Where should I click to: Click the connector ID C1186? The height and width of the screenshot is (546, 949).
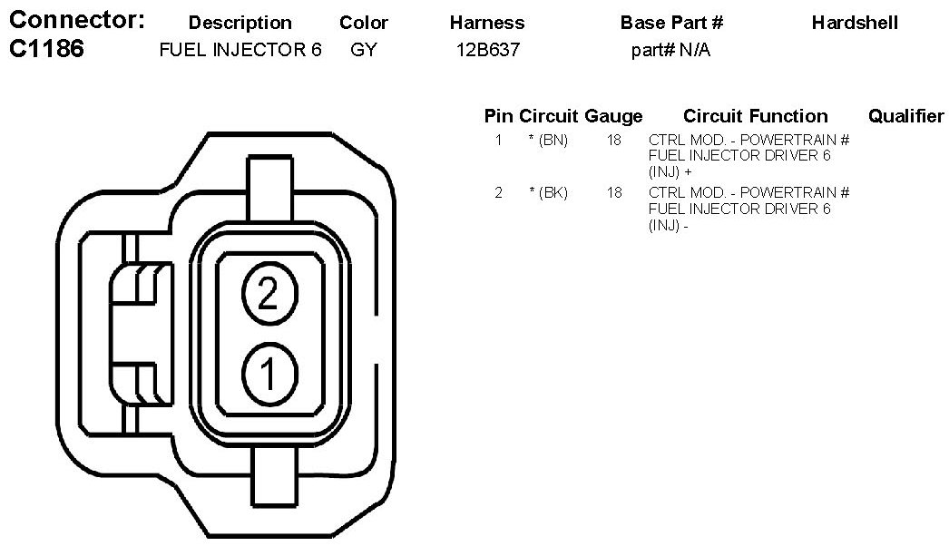pos(46,49)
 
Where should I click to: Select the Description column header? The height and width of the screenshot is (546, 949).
pos(240,23)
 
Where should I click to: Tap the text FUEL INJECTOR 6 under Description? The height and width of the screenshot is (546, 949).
pos(240,50)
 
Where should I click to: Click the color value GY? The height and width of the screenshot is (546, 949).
pos(364,50)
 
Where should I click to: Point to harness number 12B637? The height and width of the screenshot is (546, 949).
pos(488,50)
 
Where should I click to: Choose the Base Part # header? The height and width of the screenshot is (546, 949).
pos(671,23)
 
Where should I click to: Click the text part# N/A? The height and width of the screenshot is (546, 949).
pos(670,50)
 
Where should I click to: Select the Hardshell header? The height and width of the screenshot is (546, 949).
pos(855,23)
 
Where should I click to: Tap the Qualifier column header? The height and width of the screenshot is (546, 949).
pos(906,115)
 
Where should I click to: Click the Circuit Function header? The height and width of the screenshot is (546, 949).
pos(756,115)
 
